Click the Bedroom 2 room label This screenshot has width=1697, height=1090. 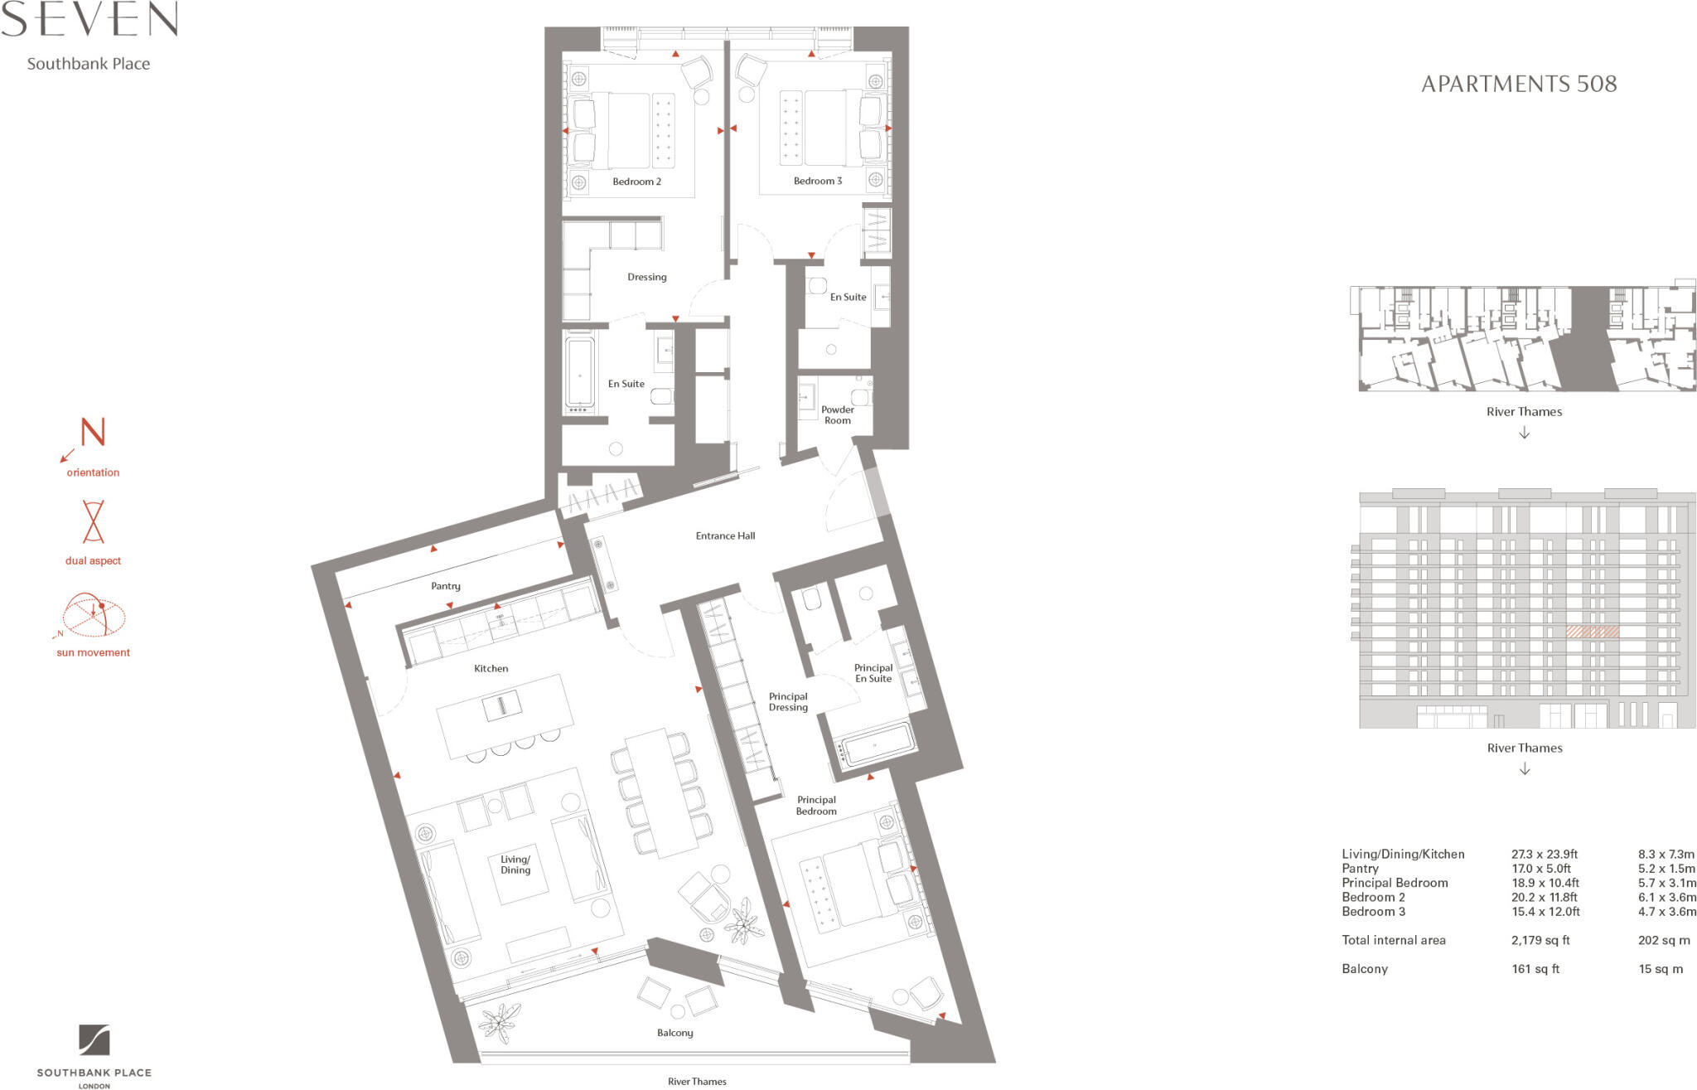(x=636, y=182)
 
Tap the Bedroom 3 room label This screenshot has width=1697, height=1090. (x=817, y=181)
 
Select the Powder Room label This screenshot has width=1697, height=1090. (x=837, y=414)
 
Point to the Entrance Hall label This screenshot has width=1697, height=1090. (x=725, y=535)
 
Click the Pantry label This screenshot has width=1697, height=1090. (x=445, y=586)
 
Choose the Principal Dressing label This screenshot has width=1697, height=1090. (x=787, y=702)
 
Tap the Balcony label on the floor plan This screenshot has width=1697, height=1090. (x=674, y=1033)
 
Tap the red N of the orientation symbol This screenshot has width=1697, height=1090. (x=93, y=432)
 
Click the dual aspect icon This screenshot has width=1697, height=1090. (x=93, y=521)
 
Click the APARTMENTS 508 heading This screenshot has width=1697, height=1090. (x=1518, y=84)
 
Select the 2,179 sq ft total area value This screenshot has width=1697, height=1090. (x=1540, y=940)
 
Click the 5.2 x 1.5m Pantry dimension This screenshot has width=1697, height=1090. (x=1666, y=869)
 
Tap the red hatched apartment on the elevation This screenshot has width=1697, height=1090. (x=1591, y=632)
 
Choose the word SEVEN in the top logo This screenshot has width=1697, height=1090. (x=89, y=20)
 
